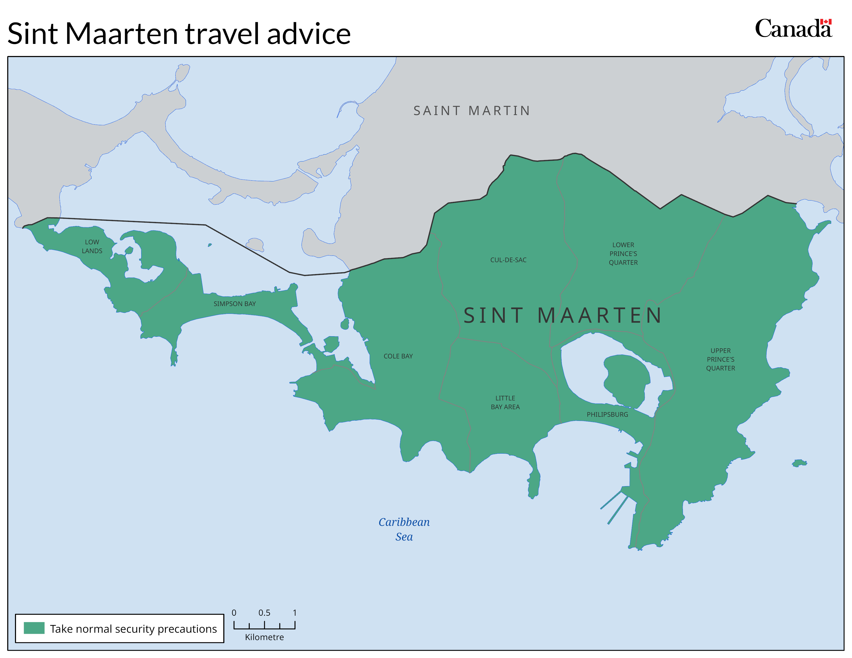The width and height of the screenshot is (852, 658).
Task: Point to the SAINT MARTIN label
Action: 472,111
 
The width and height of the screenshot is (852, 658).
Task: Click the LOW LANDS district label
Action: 92,246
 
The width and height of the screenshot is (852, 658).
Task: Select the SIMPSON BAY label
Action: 234,304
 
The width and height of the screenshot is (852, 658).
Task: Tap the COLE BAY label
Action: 398,356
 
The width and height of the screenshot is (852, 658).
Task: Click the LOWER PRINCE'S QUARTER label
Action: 623,254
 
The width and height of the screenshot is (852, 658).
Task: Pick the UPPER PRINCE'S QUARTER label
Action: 720,359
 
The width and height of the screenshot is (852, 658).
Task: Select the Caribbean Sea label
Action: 404,529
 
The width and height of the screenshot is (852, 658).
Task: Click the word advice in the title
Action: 309,34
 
